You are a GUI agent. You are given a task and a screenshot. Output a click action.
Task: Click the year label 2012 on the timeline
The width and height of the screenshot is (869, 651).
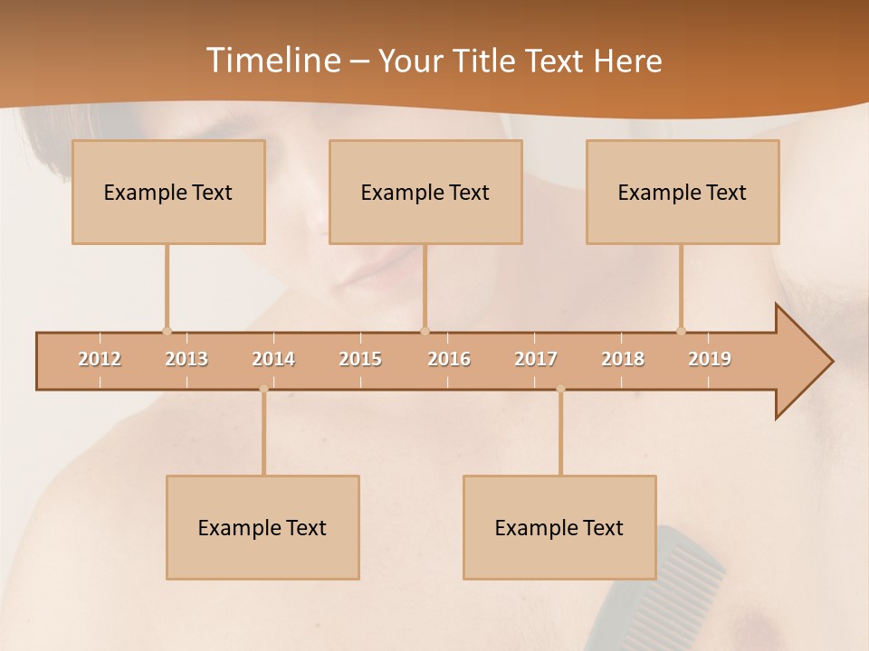pyautogui.click(x=100, y=359)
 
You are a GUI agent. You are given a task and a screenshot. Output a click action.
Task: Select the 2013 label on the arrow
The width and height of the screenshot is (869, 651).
pyautogui.click(x=186, y=359)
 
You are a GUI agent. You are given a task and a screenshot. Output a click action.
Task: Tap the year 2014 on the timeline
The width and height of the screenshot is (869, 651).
pyautogui.click(x=273, y=359)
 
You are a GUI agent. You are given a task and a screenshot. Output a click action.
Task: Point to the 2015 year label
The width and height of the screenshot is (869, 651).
pyautogui.click(x=360, y=359)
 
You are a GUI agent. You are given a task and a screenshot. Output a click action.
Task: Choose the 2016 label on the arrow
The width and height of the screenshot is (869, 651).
pyautogui.click(x=449, y=359)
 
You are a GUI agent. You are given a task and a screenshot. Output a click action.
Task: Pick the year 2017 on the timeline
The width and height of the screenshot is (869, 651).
pyautogui.click(x=536, y=359)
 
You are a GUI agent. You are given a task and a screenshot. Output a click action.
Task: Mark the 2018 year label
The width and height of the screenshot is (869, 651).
pyautogui.click(x=623, y=359)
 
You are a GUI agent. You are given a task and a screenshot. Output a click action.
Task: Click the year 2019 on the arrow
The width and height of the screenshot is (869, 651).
pyautogui.click(x=710, y=359)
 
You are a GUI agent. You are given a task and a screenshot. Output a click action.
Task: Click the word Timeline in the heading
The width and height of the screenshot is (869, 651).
pyautogui.click(x=272, y=60)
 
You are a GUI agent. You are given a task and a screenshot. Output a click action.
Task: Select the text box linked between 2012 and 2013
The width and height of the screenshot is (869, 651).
pyautogui.click(x=168, y=192)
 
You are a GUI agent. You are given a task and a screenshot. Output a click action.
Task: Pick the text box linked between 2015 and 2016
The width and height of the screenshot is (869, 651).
pyautogui.click(x=425, y=192)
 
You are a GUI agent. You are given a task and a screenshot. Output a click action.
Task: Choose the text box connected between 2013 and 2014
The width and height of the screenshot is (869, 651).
pyautogui.click(x=263, y=527)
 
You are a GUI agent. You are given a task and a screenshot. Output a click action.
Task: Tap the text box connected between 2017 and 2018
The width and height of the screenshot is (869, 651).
pyautogui.click(x=559, y=527)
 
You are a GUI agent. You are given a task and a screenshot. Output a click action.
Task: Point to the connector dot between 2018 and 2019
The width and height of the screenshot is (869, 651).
pyautogui.click(x=682, y=331)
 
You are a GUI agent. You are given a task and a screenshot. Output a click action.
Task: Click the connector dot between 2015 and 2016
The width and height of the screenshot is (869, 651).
pyautogui.click(x=425, y=331)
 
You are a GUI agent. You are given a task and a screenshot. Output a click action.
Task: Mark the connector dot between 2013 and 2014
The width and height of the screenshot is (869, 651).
pyautogui.click(x=263, y=389)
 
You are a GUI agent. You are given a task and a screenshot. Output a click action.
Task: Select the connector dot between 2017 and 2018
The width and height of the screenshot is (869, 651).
pyautogui.click(x=560, y=389)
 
